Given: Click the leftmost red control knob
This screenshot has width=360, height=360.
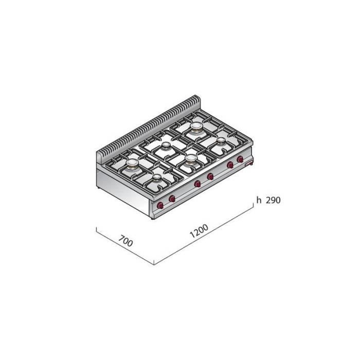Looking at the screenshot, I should [x=160, y=206].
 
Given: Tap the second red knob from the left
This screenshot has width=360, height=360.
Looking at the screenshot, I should [x=172, y=199].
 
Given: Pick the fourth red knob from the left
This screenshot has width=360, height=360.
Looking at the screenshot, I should [x=210, y=177].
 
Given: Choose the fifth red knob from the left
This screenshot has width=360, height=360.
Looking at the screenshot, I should [x=230, y=165].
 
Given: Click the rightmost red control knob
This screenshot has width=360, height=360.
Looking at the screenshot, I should [x=240, y=159].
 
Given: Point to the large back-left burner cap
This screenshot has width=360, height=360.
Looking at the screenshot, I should [x=133, y=164].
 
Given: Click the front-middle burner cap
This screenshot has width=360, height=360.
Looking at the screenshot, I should [x=191, y=159].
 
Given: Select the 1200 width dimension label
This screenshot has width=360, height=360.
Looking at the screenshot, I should [x=200, y=233].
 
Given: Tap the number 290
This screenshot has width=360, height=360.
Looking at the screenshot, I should [x=272, y=201].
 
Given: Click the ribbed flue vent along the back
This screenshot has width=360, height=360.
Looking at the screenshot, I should [x=149, y=123].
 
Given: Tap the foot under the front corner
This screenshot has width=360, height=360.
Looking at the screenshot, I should [x=152, y=218].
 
